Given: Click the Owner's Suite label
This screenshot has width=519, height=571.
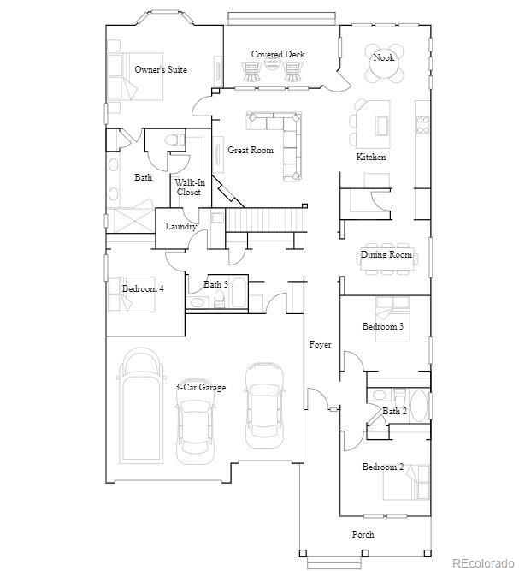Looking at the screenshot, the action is pos(161,69).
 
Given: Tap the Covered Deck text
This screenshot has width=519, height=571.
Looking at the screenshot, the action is pos(278,54).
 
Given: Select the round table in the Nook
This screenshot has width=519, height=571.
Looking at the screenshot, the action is pos(384,63).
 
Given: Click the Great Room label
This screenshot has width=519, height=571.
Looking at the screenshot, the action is pos(251,150).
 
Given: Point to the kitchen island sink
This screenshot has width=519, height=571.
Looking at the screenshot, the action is pos(382,126).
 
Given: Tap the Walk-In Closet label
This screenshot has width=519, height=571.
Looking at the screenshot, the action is pos(190,187).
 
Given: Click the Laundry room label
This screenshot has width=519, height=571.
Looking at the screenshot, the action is pos(180,226).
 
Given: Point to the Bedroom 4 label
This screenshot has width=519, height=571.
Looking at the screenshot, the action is pos(143,288).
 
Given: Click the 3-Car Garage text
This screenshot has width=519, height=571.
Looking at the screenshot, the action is pos(200,387).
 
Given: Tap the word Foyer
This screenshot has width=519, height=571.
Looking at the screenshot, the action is pos(320,344).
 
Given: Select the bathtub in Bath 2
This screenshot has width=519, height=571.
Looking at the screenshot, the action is pos(419,405).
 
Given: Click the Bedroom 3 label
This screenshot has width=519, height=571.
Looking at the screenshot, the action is pos(382,326).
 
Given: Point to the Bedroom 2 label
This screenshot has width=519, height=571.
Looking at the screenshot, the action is pos(382,467).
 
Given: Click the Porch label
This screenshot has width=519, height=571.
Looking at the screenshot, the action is pos(363,534).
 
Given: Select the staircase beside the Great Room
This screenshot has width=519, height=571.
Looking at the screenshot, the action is pos(264,219).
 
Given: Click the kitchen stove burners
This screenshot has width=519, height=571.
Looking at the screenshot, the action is pos(422,124).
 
